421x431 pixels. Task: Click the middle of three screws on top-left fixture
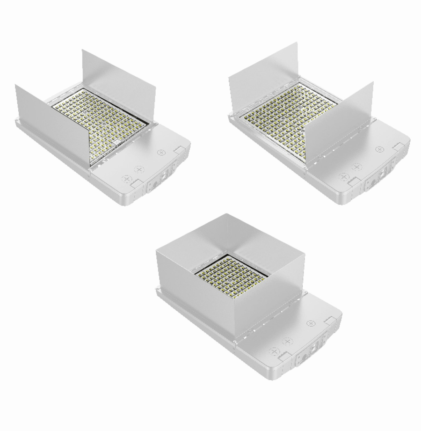tap(138, 169)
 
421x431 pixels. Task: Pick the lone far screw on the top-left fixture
tap(162, 152)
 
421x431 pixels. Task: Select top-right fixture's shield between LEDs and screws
tap(339, 124)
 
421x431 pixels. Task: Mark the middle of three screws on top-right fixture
tap(356, 167)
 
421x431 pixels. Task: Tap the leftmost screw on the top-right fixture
tap(343, 177)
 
